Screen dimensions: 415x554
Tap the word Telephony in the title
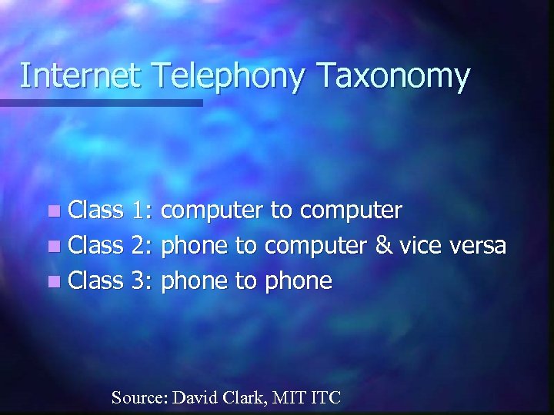point(202,78)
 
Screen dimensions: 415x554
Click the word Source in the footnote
point(139,397)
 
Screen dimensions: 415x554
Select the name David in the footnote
point(192,397)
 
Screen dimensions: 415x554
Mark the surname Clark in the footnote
point(239,397)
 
